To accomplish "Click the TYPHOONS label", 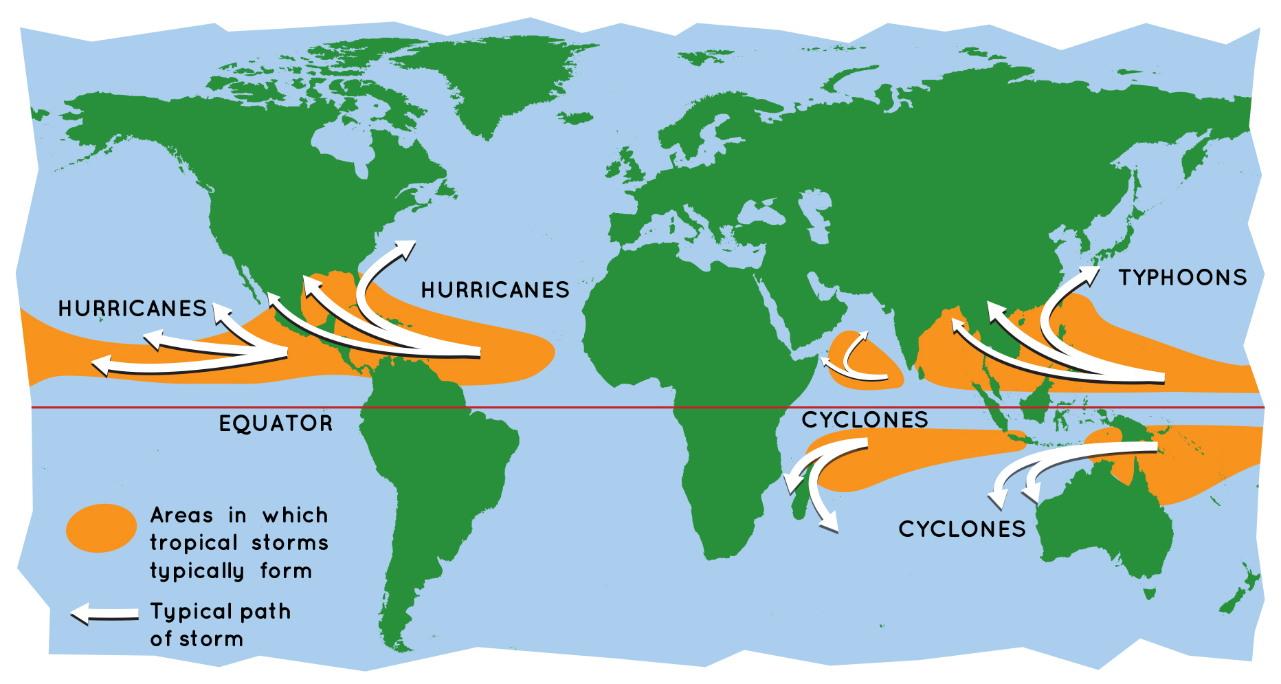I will pos(1182,278).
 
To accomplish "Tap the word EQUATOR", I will pos(276,423).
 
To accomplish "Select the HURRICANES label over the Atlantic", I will pos(495,290).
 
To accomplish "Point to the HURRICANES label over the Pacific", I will pos(132,309).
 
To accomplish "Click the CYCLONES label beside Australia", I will pos(962,529).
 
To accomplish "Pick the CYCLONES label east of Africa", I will pos(865,420).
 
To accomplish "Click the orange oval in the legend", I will pos(101,528).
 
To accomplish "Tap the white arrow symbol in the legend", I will pos(104,614).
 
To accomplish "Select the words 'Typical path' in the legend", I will pos(220,611).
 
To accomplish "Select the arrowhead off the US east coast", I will pos(405,249).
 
